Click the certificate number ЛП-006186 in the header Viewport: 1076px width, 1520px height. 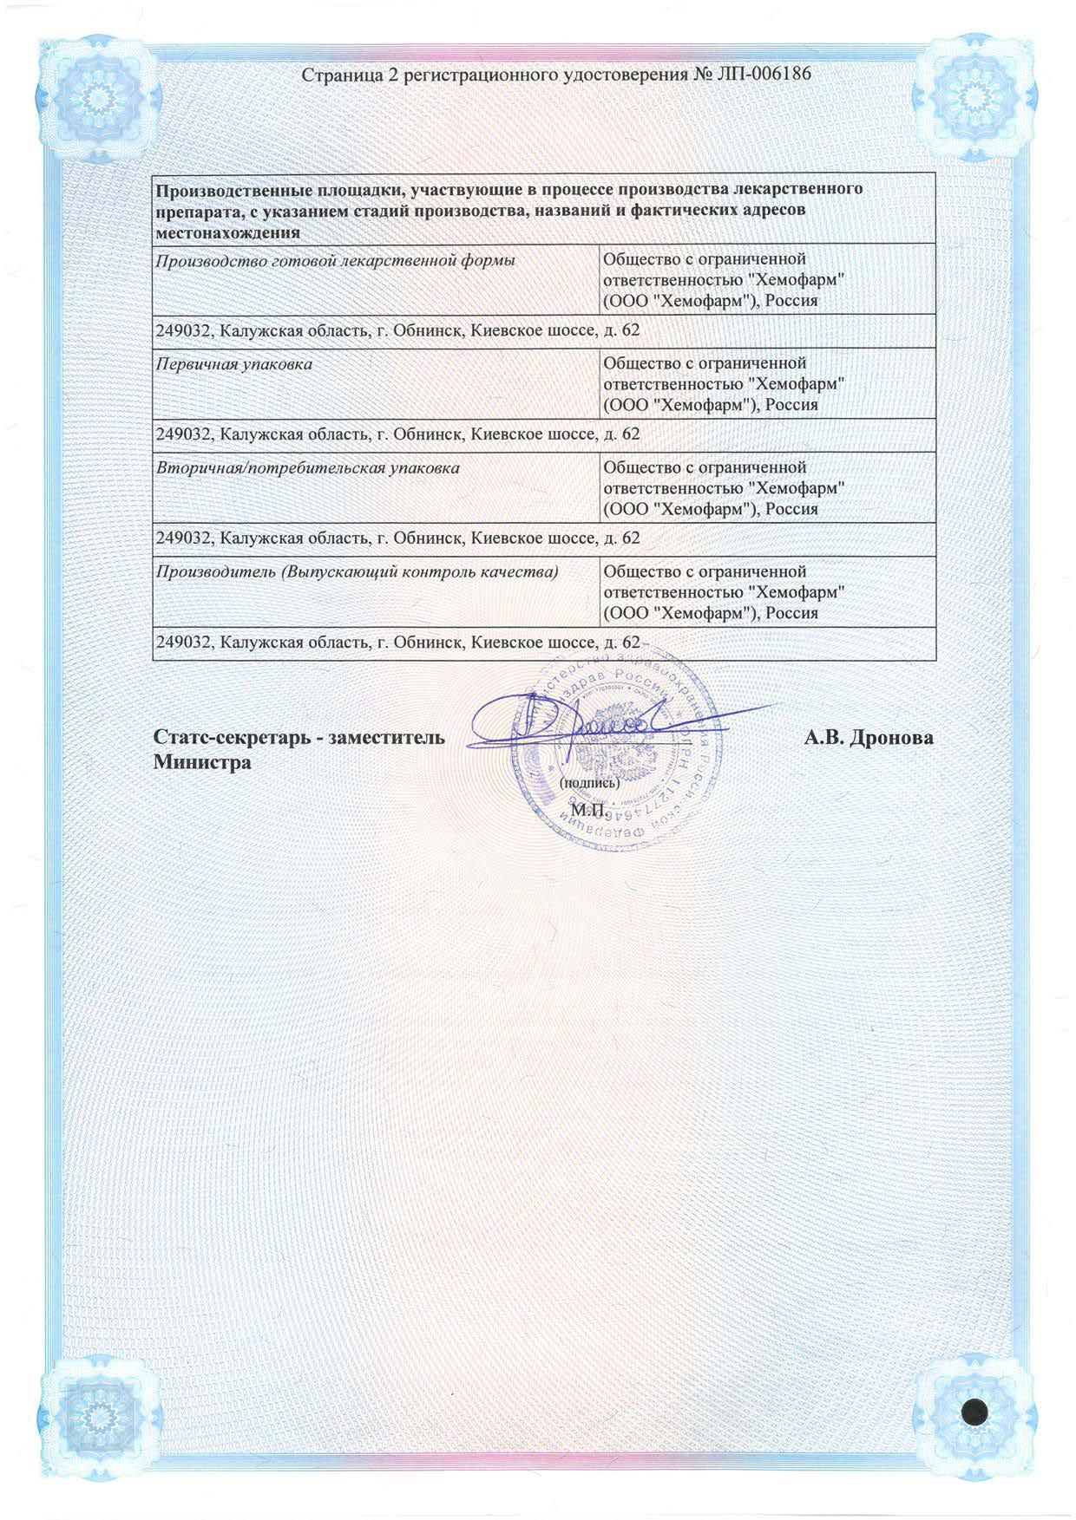(x=764, y=75)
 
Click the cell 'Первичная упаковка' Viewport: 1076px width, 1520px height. (x=234, y=364)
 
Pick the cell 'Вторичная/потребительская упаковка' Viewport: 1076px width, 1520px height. (x=308, y=468)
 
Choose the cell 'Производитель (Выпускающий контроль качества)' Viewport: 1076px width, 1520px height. (x=357, y=572)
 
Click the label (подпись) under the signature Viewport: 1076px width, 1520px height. (x=589, y=782)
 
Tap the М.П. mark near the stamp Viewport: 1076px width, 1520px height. (x=587, y=810)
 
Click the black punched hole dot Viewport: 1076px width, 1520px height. (x=975, y=1411)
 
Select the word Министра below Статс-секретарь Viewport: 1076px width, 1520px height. (x=202, y=763)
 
